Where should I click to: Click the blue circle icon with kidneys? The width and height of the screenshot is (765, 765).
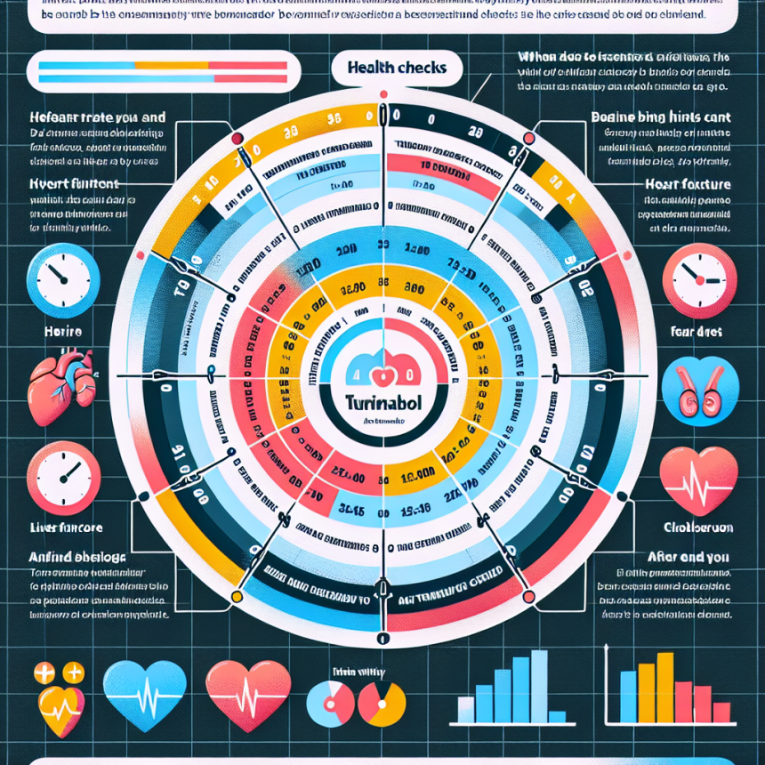coord(700,389)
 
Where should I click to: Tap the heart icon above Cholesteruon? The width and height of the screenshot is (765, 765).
coord(700,481)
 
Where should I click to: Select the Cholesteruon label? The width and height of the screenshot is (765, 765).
coord(700,527)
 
